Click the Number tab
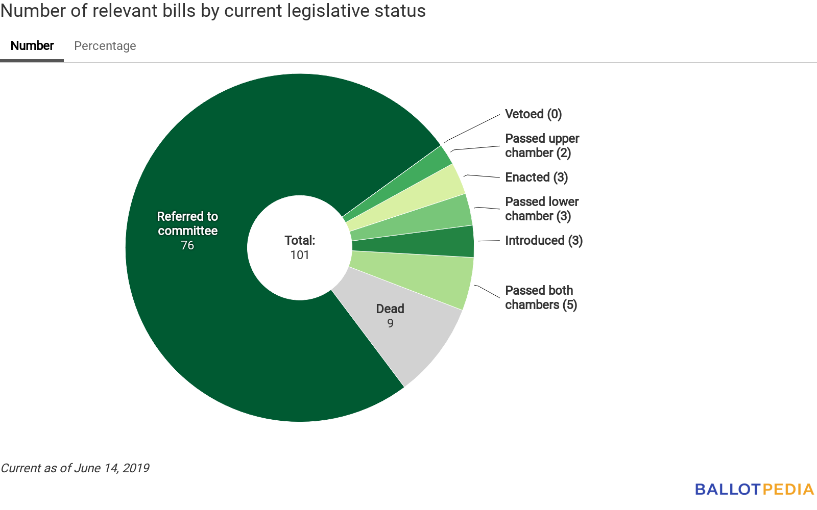click(x=32, y=46)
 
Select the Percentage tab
click(x=105, y=46)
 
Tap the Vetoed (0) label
click(x=533, y=114)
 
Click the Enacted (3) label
click(x=536, y=177)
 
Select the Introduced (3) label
click(x=543, y=241)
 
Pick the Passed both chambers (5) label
click(x=541, y=298)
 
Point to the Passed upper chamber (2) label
click(x=542, y=146)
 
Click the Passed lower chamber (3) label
click(x=542, y=209)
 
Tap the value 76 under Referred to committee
click(x=187, y=245)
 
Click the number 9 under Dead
click(x=390, y=323)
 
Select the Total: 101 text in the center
click(x=300, y=248)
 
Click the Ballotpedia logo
click(x=754, y=490)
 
